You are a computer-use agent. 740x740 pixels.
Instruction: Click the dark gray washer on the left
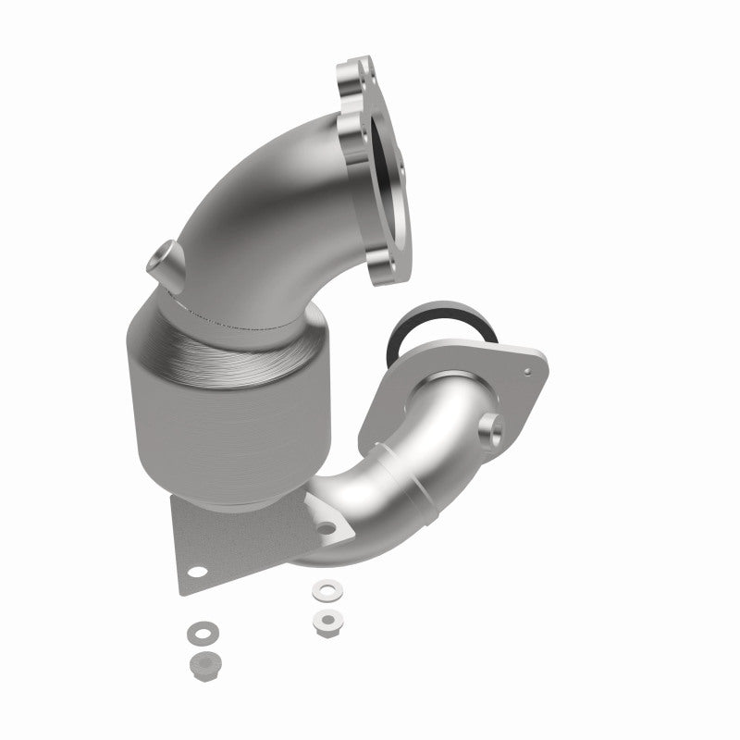(197, 634)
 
